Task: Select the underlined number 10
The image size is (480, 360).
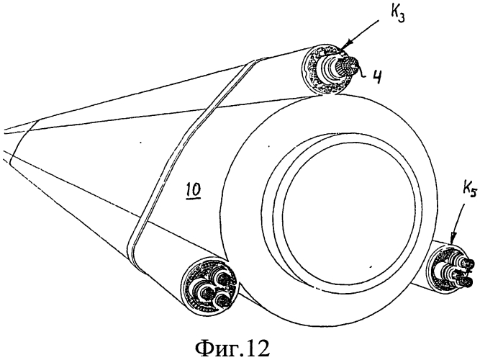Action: point(193,191)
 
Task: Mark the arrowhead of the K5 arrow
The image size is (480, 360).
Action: point(453,240)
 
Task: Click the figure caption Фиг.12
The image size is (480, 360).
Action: point(232,348)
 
